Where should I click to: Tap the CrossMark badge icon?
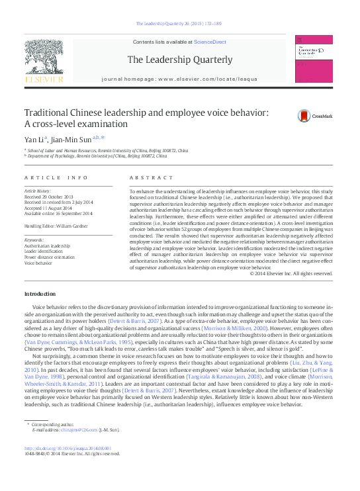tap(304, 116)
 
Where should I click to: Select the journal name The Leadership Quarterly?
tap(180, 60)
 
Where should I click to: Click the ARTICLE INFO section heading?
tap(56, 178)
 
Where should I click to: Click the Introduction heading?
tap(40, 293)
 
